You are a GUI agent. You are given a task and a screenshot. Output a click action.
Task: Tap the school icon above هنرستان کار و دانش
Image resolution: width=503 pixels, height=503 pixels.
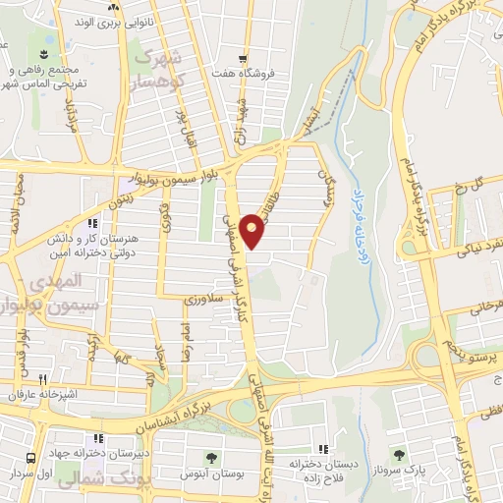pos(93,223)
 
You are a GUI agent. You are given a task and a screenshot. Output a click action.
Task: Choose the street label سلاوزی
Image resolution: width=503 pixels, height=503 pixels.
pos(200,294)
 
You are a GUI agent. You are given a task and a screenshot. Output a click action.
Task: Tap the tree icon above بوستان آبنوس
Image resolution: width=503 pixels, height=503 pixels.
pos(210,458)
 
